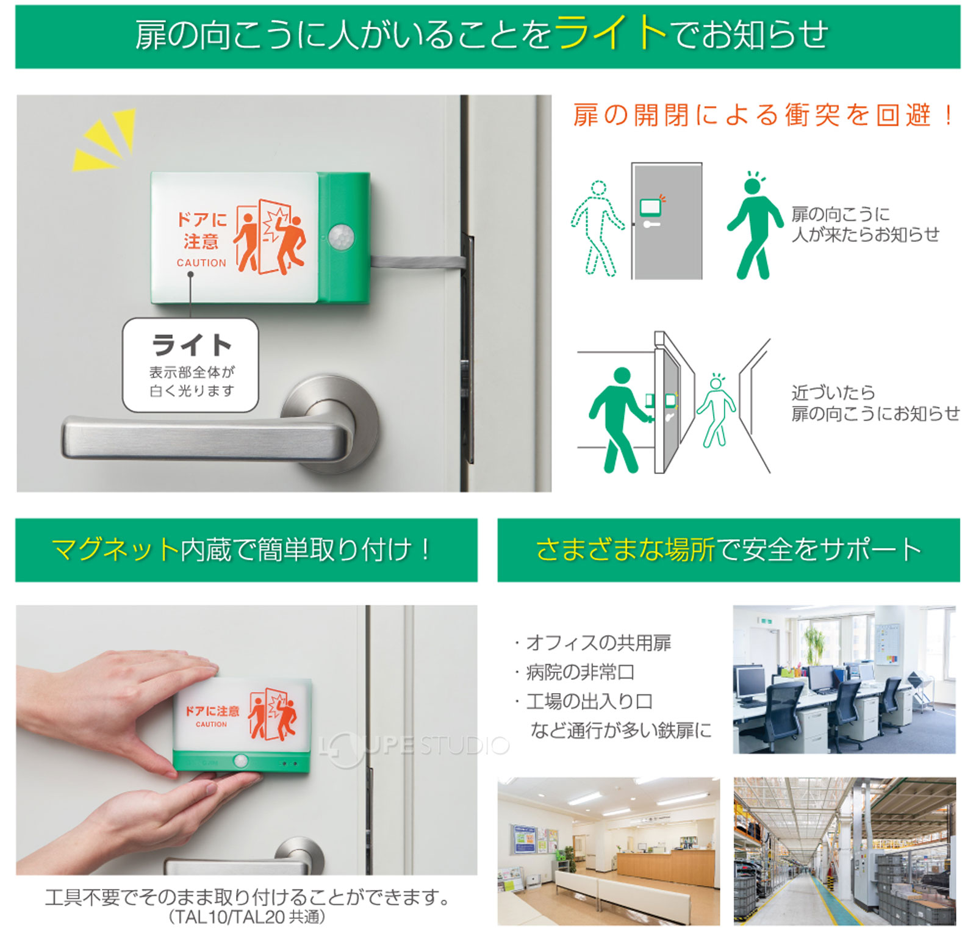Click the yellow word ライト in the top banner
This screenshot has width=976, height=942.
pos(610,33)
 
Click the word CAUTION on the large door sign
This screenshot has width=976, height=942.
pos(201,263)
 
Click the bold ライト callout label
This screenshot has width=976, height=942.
pos(192,345)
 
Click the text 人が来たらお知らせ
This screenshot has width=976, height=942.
pos(865,235)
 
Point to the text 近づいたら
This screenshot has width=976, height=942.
pos(833,392)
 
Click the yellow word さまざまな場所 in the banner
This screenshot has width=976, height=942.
pos(625,550)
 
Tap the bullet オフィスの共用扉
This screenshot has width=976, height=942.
pos(598,642)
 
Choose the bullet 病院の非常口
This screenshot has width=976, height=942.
pos(579,672)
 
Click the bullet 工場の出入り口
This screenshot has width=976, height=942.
pos(589,702)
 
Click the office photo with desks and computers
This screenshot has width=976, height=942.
pos(844,679)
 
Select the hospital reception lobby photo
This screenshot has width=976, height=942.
pos(608,850)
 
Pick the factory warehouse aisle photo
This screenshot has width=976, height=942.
pos(844,850)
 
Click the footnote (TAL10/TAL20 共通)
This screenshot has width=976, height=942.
pos(246,917)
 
